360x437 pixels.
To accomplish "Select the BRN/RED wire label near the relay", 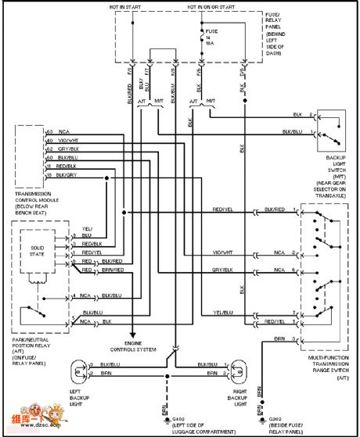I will pyautogui.click(x=112, y=269).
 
